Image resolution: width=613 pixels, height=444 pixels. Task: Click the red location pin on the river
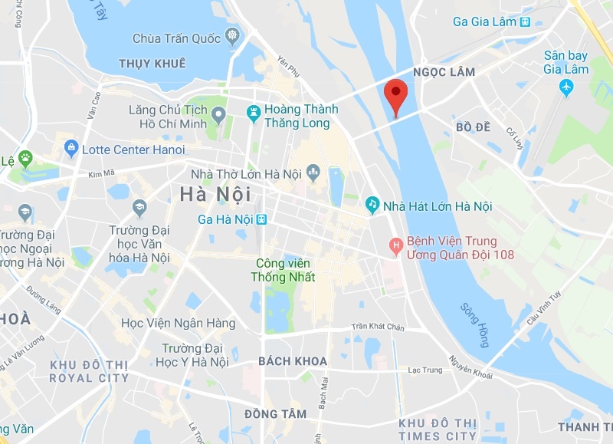(395, 94)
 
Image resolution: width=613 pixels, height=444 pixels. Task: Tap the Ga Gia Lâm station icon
(524, 21)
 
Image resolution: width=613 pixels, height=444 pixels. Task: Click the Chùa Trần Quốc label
(178, 38)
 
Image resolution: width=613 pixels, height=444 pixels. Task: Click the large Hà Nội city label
(215, 195)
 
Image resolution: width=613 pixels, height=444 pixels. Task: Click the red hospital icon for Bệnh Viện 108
(396, 247)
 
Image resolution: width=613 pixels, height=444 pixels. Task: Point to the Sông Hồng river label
(474, 324)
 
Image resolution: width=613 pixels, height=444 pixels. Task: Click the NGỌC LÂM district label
(444, 72)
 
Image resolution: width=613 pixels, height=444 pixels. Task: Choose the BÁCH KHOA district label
(293, 361)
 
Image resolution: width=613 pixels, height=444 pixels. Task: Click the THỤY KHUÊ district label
(152, 64)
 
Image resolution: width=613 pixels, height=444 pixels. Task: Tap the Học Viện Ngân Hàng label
(179, 324)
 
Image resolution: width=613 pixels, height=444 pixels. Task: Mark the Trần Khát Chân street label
(377, 327)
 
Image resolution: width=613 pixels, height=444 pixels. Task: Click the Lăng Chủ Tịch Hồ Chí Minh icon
(218, 116)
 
